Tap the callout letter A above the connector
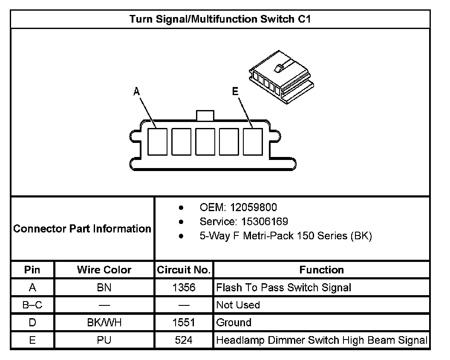click(x=136, y=91)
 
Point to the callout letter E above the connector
click(x=235, y=91)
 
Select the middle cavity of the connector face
click(x=205, y=141)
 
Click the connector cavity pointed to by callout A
click(x=157, y=141)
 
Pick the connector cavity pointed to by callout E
click(x=253, y=141)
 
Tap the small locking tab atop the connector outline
click(x=205, y=115)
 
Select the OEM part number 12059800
click(x=253, y=208)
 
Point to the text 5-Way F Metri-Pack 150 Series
click(x=286, y=236)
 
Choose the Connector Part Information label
click(x=82, y=229)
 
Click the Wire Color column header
click(x=104, y=270)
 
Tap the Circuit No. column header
click(x=184, y=270)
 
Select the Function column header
click(x=321, y=270)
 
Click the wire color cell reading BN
click(x=104, y=288)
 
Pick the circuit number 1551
click(x=184, y=322)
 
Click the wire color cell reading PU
click(x=104, y=340)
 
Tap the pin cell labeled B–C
click(x=32, y=305)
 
